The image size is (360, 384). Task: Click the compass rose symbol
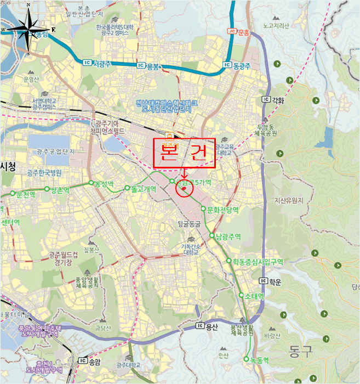pyautogui.click(x=27, y=29)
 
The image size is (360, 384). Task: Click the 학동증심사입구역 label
pyautogui.click(x=257, y=262)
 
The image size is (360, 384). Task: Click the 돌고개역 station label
pyautogui.click(x=144, y=189)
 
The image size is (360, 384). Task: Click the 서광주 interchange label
pyautogui.click(x=102, y=64)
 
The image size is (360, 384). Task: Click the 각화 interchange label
pyautogui.click(x=278, y=100)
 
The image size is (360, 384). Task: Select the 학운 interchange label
pyautogui.click(x=275, y=283)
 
